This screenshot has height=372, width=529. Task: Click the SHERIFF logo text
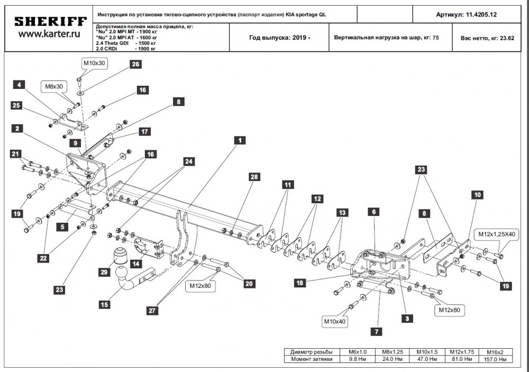50,22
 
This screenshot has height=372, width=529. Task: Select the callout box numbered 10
477,195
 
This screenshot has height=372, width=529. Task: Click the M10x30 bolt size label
94,63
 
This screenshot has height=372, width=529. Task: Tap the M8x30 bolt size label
53,86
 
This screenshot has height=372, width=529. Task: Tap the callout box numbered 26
135,64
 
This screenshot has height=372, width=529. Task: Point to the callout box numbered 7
376,332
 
